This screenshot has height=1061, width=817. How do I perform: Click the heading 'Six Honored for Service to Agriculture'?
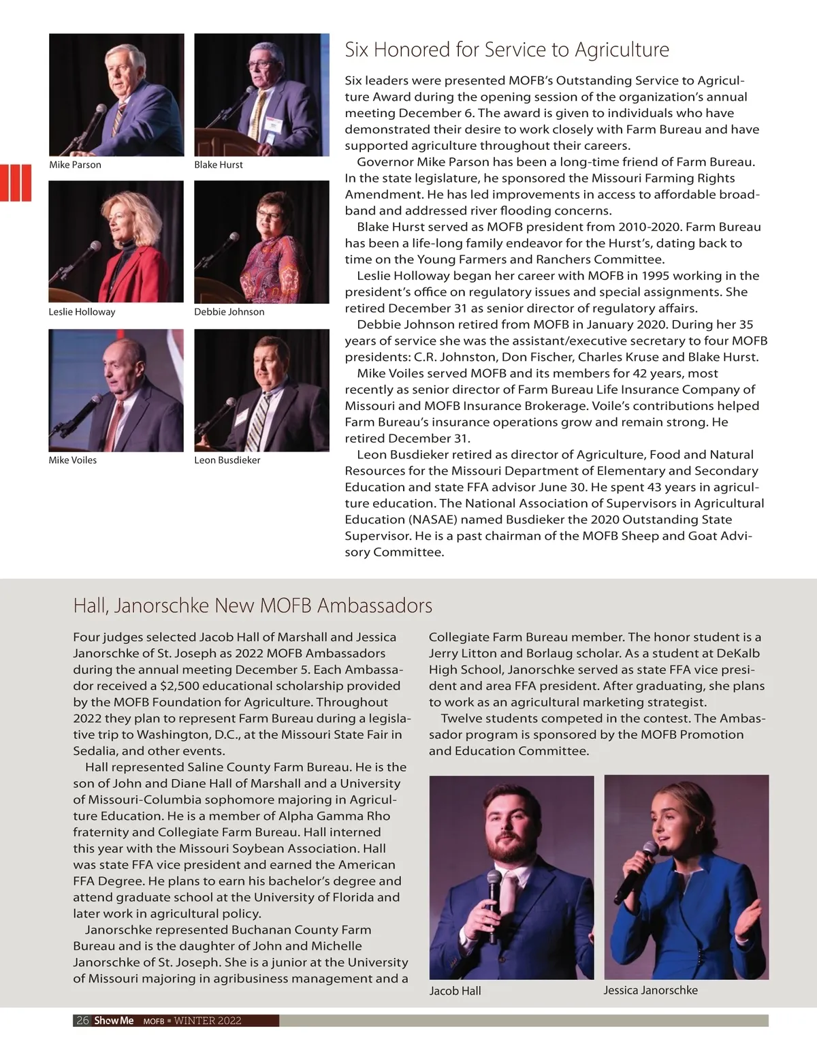[507, 50]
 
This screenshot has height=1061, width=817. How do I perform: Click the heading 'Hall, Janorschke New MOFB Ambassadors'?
[253, 605]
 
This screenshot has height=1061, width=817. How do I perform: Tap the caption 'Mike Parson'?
[75, 165]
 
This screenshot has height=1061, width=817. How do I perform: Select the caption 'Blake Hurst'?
[219, 165]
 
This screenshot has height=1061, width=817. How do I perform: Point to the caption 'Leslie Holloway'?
[82, 312]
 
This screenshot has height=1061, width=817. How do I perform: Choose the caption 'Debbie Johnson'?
[229, 312]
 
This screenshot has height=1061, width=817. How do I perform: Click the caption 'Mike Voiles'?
[73, 460]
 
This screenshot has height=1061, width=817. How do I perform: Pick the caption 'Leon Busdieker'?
[227, 460]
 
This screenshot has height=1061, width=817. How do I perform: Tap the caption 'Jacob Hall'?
[455, 991]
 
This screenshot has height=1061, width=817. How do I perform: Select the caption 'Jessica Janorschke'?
[650, 990]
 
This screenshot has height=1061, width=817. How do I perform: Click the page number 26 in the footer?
[82, 1020]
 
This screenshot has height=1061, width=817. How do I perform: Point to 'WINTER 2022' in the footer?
[208, 1020]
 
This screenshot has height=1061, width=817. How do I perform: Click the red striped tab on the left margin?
[15, 182]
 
